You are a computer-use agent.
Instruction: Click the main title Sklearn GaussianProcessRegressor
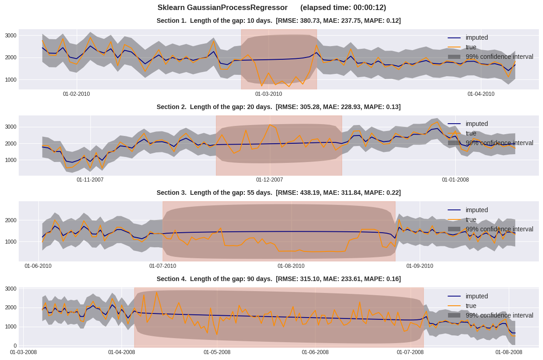(222, 8)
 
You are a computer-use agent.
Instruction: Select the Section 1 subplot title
(278, 21)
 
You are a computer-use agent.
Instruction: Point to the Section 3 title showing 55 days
(278, 193)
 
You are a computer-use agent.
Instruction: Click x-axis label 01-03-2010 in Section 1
(269, 94)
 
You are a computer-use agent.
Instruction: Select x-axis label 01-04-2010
(481, 94)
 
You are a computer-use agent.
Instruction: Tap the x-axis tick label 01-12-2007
(269, 180)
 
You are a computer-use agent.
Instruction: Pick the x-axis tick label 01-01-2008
(455, 180)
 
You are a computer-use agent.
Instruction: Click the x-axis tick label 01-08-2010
(291, 266)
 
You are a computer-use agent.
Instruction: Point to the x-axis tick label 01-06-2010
(38, 266)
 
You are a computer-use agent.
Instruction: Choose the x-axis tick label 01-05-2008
(217, 352)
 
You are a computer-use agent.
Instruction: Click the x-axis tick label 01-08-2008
(509, 352)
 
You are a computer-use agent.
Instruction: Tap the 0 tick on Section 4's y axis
(15, 346)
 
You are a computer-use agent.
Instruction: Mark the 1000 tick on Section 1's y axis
(11, 80)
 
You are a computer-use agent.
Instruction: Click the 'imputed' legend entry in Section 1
(476, 37)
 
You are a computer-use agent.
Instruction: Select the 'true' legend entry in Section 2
(470, 133)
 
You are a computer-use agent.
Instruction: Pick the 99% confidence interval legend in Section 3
(499, 229)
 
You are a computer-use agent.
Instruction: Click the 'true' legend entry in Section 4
(470, 306)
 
